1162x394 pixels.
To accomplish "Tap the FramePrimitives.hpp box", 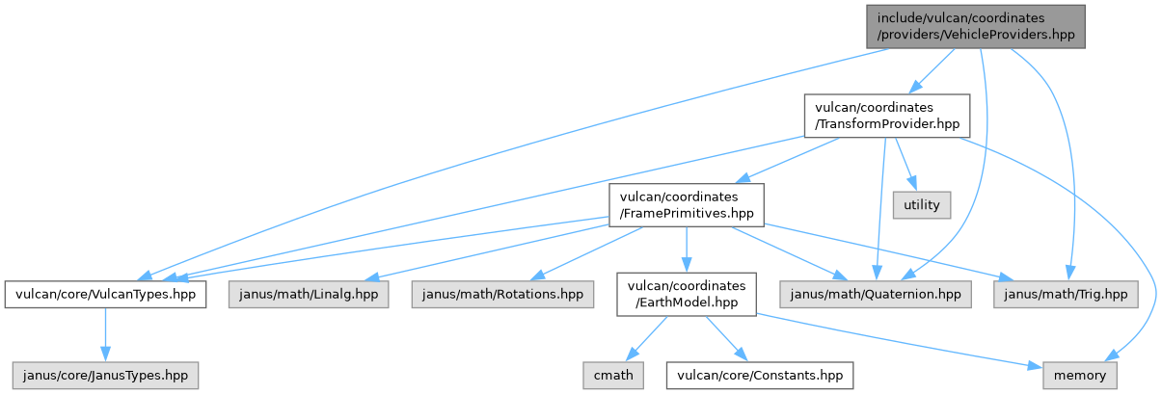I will [685, 204].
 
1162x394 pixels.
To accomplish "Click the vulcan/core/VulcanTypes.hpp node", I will [105, 293].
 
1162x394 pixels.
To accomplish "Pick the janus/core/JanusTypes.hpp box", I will [105, 375].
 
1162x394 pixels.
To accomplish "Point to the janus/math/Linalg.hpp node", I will [309, 293].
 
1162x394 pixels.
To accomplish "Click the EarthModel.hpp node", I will [686, 293].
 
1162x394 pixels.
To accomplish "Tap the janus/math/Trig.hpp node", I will [1065, 293].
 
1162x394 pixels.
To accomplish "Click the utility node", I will [921, 204].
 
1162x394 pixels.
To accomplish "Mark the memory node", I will [1080, 375].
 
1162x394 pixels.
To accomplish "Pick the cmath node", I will [612, 375].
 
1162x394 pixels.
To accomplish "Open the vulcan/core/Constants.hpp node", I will [760, 375].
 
